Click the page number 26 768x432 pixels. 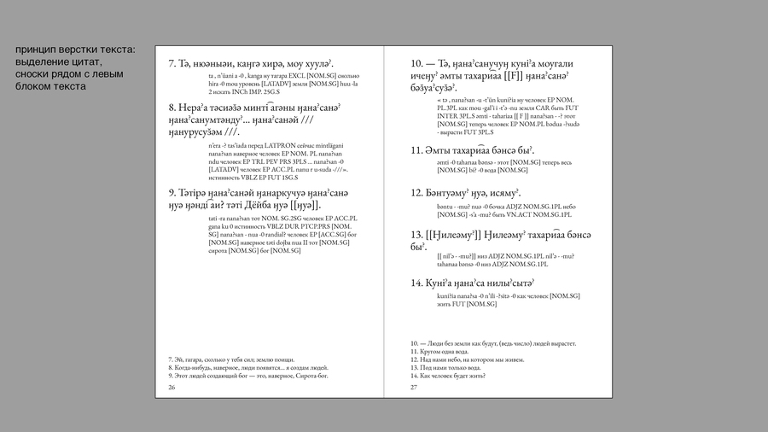click(x=172, y=387)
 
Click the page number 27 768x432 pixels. click(x=414, y=387)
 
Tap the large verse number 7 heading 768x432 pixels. click(x=172, y=63)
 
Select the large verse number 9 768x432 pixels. click(x=173, y=193)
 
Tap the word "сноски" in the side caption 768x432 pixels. click(x=35, y=74)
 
